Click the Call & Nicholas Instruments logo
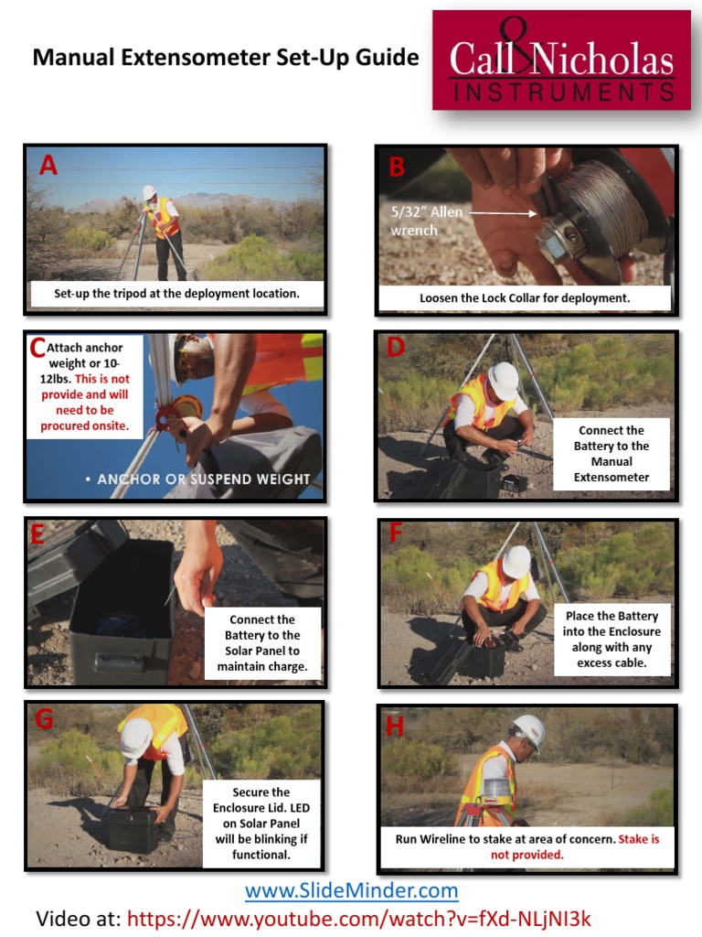point(561,60)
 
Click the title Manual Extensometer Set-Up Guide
point(226,58)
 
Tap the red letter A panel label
point(48,166)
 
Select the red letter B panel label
point(397,167)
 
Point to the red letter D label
point(395,347)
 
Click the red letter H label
point(394,727)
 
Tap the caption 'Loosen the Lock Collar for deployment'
point(525,298)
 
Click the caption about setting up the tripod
point(176,294)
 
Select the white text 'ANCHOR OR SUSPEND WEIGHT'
point(204,479)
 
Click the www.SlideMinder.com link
point(351,890)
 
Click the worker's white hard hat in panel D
point(503,380)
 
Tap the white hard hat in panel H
point(529,731)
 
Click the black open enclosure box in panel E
point(121,599)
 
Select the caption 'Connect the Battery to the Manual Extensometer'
point(611,454)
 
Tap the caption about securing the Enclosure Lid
point(261,824)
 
